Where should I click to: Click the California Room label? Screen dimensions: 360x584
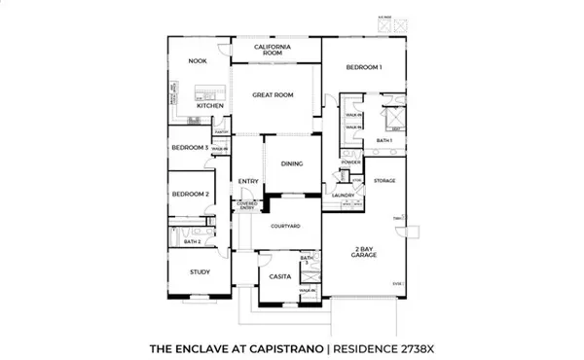pos(274,50)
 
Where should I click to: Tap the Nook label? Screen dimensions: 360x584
pos(198,61)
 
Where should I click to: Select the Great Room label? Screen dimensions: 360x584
pos(274,95)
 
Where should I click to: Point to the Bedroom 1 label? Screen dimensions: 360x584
pos(364,67)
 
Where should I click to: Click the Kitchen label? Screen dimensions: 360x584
pos(211,106)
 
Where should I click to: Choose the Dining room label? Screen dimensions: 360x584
pos(291,164)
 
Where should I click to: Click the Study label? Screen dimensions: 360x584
pos(201,271)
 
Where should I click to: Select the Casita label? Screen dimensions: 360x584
pos(280,276)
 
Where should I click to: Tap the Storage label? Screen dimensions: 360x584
pos(384,181)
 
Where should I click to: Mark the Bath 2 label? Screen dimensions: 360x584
pos(193,241)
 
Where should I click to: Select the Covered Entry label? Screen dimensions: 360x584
pos(246,205)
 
